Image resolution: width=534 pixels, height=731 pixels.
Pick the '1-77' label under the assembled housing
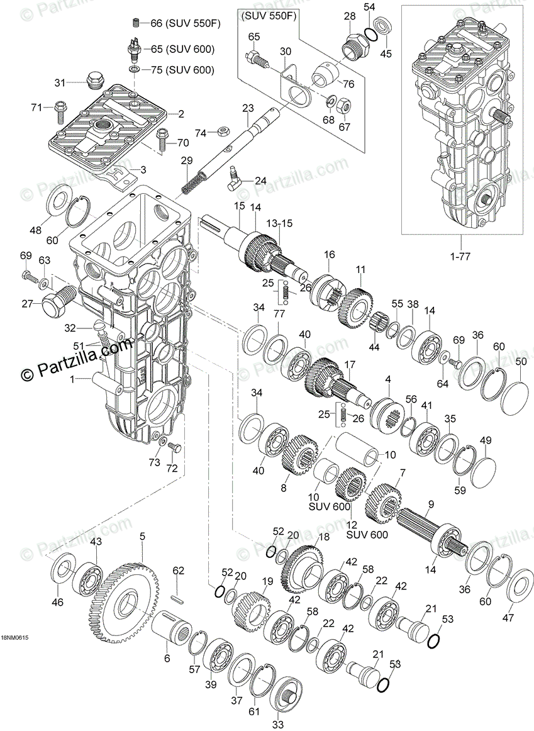coord(460,256)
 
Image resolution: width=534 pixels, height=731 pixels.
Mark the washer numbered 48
coord(60,205)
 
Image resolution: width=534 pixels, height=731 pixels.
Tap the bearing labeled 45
coord(382,29)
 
